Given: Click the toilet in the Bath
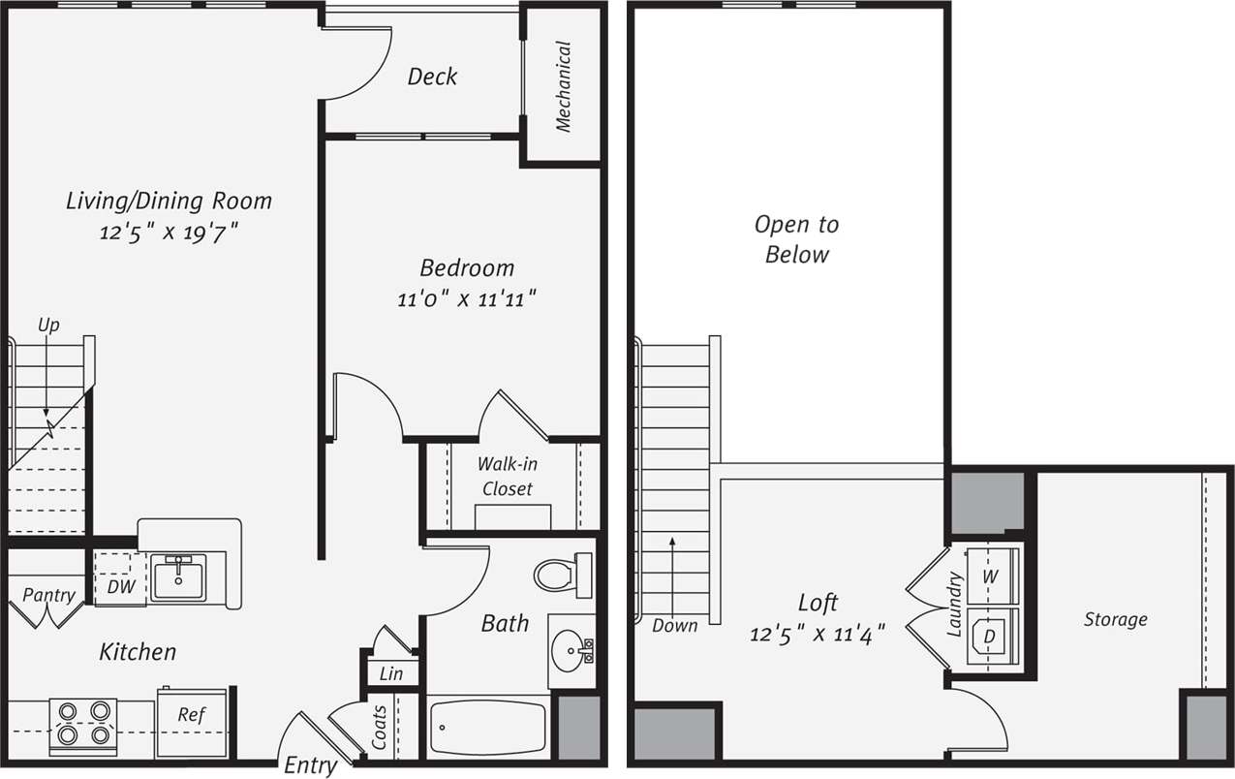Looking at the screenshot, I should [x=558, y=575].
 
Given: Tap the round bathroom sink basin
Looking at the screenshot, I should [x=568, y=648].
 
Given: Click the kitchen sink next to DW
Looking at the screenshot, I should [x=178, y=577].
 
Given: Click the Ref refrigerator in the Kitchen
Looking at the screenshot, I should [x=192, y=716].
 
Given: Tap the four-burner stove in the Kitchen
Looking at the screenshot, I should [x=82, y=724].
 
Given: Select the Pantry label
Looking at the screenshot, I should [x=48, y=595].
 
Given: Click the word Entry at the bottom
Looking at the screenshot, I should [x=310, y=765].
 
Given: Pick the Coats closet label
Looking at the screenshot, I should [x=379, y=727].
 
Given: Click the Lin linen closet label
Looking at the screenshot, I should [x=391, y=673].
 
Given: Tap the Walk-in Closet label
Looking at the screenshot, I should [x=507, y=477].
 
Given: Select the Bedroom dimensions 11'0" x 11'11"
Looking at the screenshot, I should [x=467, y=299].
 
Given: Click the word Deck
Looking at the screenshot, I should [x=432, y=77].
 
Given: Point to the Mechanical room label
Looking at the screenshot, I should [x=563, y=85].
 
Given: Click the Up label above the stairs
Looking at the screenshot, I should [x=48, y=326].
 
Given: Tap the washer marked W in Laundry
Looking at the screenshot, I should [x=990, y=576].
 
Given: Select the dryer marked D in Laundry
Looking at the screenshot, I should [x=989, y=637].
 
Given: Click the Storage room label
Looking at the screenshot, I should [x=1115, y=619].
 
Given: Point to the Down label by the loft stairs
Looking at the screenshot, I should [x=674, y=625].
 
